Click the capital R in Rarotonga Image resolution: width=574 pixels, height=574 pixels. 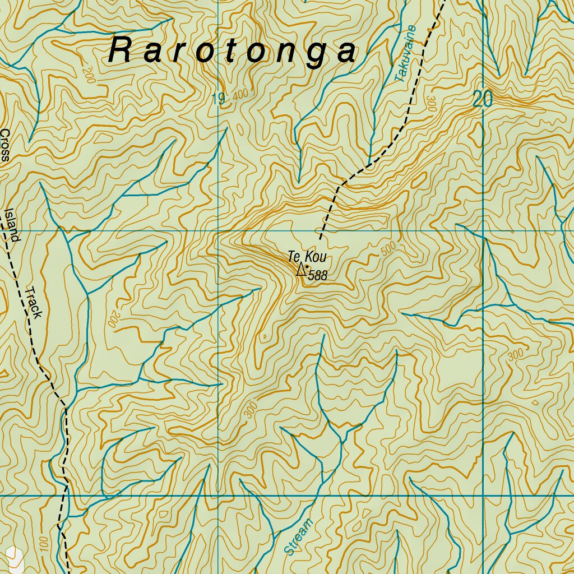click(x=121, y=50)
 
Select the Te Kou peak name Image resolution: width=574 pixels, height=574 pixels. click(x=307, y=257)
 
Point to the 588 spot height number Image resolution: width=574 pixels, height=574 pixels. click(x=317, y=275)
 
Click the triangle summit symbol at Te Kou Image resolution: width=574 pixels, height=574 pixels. click(x=302, y=270)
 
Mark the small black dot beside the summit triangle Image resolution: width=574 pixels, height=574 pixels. click(x=307, y=267)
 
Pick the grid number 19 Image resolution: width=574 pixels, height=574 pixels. click(x=218, y=100)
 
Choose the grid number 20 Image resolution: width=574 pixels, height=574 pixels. click(x=482, y=99)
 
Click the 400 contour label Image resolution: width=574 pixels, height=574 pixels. click(x=239, y=96)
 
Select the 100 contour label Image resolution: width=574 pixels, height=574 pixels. click(x=44, y=542)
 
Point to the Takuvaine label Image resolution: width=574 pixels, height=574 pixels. click(x=406, y=54)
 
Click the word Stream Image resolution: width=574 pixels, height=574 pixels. click(x=298, y=537)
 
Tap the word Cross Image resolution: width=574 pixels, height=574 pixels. click(x=5, y=145)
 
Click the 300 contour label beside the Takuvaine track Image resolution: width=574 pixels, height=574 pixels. click(x=431, y=104)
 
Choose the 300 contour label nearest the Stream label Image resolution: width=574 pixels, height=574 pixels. click(x=250, y=410)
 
